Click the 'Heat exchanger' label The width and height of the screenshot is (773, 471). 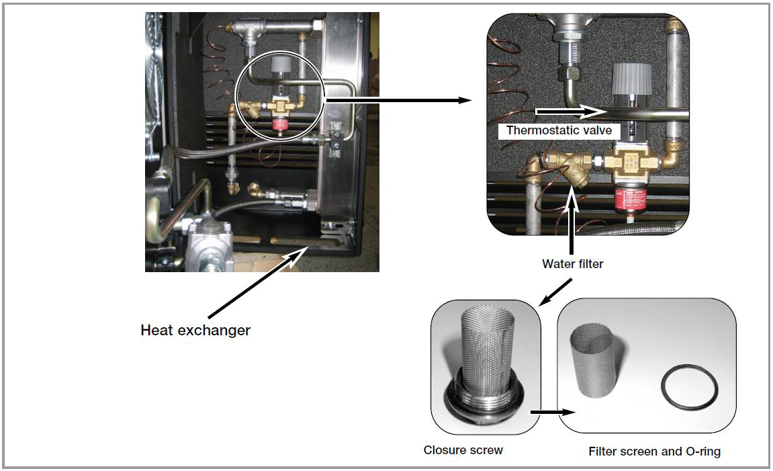tap(195, 331)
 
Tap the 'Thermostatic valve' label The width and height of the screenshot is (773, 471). tap(559, 130)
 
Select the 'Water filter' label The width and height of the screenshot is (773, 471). tap(572, 264)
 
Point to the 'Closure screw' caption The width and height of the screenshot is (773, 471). tap(463, 449)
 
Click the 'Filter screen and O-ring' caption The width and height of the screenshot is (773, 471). tap(654, 452)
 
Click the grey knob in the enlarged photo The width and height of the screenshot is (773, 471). tap(631, 80)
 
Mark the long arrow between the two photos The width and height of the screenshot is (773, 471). tap(396, 100)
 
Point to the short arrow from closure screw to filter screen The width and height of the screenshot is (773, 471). tap(545, 413)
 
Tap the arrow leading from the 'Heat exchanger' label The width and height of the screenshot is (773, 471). tap(255, 282)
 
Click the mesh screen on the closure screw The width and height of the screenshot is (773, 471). tap(483, 349)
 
